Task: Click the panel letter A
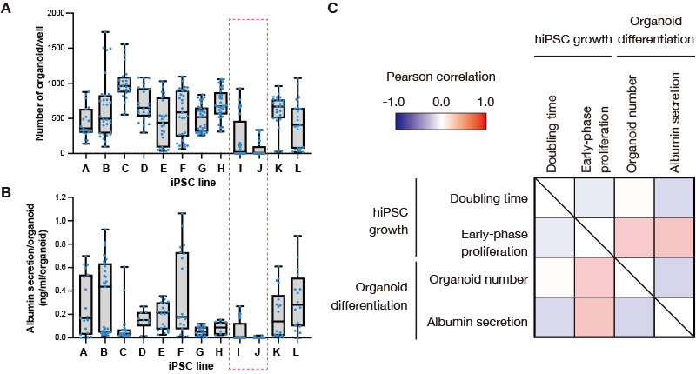[x=6, y=8]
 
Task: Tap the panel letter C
[x=332, y=8]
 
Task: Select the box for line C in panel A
[x=124, y=83]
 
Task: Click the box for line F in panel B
[x=182, y=291]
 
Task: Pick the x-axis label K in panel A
[x=278, y=169]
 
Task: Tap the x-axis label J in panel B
[x=258, y=352]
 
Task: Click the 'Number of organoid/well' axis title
[x=40, y=83]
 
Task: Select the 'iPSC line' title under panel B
[x=191, y=366]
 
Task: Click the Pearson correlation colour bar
[x=441, y=121]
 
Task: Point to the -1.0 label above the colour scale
[x=393, y=102]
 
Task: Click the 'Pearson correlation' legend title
[x=441, y=77]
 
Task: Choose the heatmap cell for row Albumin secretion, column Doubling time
[x=554, y=317]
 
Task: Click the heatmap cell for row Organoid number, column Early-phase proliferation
[x=595, y=277]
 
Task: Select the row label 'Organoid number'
[x=478, y=280]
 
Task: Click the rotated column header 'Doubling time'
[x=552, y=134]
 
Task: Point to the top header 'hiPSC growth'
[x=573, y=39]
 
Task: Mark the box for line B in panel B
[x=104, y=300]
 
